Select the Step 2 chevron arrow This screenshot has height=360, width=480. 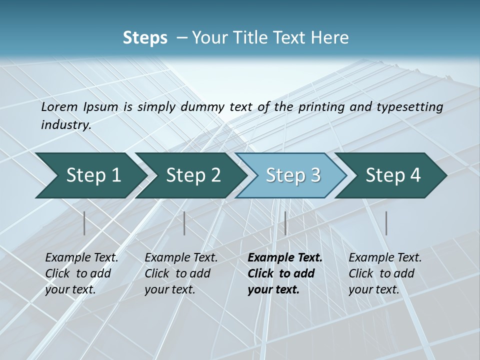pyautogui.click(x=193, y=175)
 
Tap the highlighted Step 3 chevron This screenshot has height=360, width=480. pyautogui.click(x=293, y=175)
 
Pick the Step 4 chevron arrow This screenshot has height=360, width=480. pyautogui.click(x=393, y=175)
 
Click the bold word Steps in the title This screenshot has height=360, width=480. pyautogui.click(x=145, y=37)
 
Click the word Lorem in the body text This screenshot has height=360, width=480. pyautogui.click(x=59, y=106)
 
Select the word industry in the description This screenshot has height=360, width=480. pyautogui.click(x=65, y=124)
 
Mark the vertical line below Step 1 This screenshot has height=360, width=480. pyautogui.click(x=84, y=223)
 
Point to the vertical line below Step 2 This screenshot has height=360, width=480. pyautogui.click(x=184, y=223)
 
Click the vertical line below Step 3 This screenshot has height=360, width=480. pyautogui.click(x=285, y=223)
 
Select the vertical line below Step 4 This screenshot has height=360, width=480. pyautogui.click(x=386, y=223)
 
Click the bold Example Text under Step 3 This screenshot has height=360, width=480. pyautogui.click(x=285, y=257)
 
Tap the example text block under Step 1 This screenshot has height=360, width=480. pyautogui.click(x=81, y=273)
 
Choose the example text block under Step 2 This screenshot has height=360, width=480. pyautogui.click(x=181, y=273)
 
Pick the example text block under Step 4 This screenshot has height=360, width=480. pyautogui.click(x=385, y=273)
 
